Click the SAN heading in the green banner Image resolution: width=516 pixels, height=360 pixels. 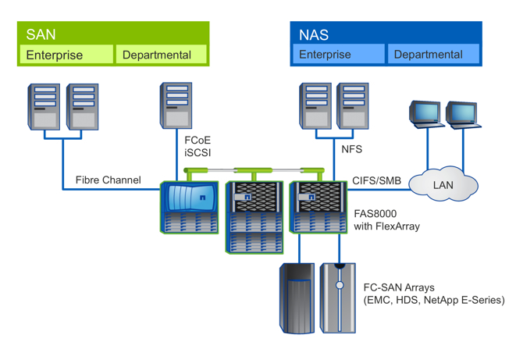[41, 34]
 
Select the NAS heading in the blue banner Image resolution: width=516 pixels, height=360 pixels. [313, 34]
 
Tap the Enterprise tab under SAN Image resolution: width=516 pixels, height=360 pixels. [55, 55]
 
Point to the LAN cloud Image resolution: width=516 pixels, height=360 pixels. [443, 185]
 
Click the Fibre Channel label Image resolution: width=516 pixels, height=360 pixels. [108, 180]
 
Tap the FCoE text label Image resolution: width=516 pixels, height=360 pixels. [198, 141]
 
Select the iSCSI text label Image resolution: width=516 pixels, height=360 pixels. [198, 153]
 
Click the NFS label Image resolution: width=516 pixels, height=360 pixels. [352, 148]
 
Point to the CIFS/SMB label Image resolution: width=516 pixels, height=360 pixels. [376, 181]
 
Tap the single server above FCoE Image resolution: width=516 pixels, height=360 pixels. [176, 106]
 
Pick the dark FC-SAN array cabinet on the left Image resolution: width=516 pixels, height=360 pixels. [297, 298]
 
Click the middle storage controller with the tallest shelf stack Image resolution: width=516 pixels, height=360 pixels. [254, 216]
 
